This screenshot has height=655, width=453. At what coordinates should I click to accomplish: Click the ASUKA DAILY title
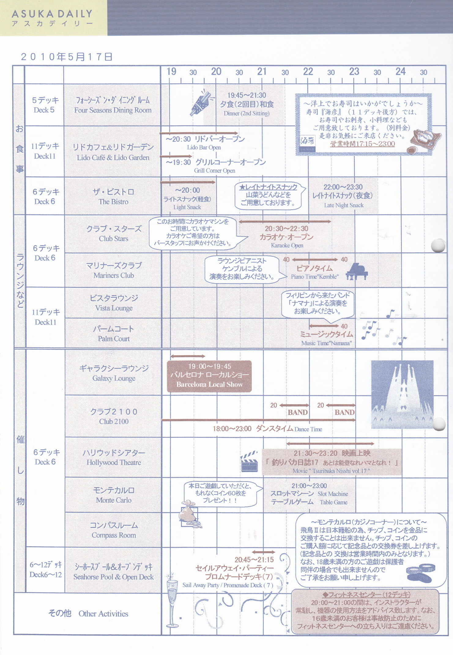click(x=52, y=14)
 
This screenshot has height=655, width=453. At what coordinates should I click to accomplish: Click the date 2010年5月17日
click(x=66, y=57)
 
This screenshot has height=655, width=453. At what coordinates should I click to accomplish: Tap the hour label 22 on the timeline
click(x=308, y=72)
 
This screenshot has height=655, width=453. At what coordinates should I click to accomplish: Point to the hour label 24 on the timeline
click(x=400, y=72)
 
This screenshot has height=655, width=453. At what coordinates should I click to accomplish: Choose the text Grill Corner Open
click(x=214, y=171)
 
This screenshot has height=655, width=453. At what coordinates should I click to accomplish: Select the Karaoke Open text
click(x=287, y=245)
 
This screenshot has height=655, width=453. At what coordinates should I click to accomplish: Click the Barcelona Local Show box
click(x=209, y=376)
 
